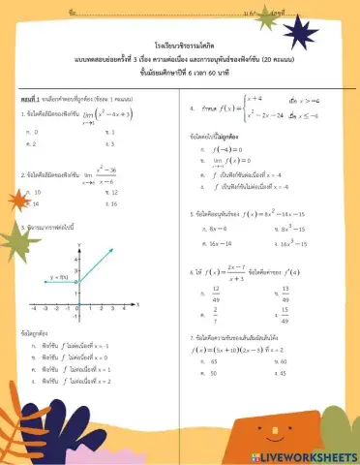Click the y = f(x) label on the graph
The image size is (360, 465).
59,277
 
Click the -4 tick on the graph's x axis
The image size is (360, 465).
33,307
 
